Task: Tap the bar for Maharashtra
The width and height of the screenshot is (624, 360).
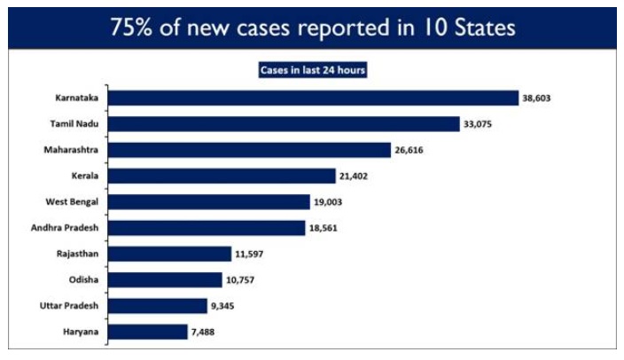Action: click(249, 150)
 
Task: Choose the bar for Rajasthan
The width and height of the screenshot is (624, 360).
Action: click(169, 254)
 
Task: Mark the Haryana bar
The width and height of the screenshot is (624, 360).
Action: click(146, 333)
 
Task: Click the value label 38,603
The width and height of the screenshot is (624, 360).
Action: click(537, 98)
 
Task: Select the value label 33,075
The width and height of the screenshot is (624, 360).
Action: click(477, 124)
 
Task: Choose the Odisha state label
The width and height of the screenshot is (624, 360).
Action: click(83, 280)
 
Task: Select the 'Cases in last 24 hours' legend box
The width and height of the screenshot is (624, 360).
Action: click(313, 68)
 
